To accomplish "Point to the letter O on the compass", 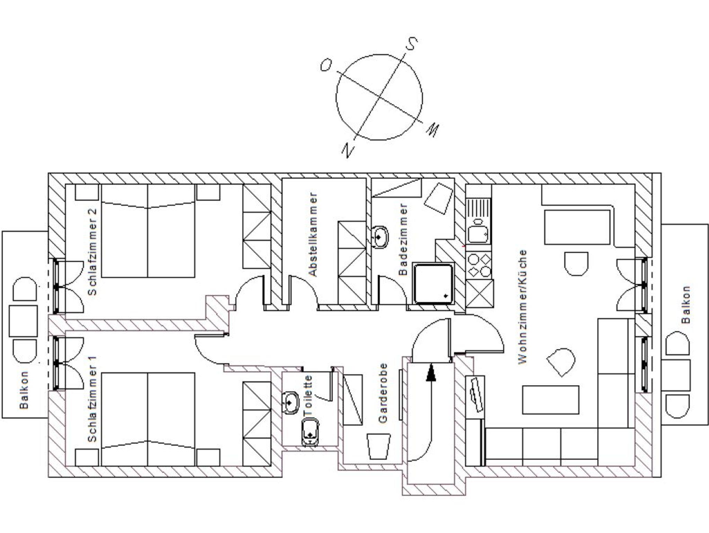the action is pos(326,65).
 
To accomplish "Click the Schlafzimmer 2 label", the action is pos(92,252).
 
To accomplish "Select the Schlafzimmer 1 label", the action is pos(92,399).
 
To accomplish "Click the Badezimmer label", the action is pos(403,239).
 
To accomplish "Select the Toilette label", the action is pos(308,396).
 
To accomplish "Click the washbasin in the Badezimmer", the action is pos(379,237).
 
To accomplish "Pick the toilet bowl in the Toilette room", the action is pos(310,432).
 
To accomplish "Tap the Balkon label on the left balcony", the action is pos(24,390).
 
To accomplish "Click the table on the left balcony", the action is pos(23,321).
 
